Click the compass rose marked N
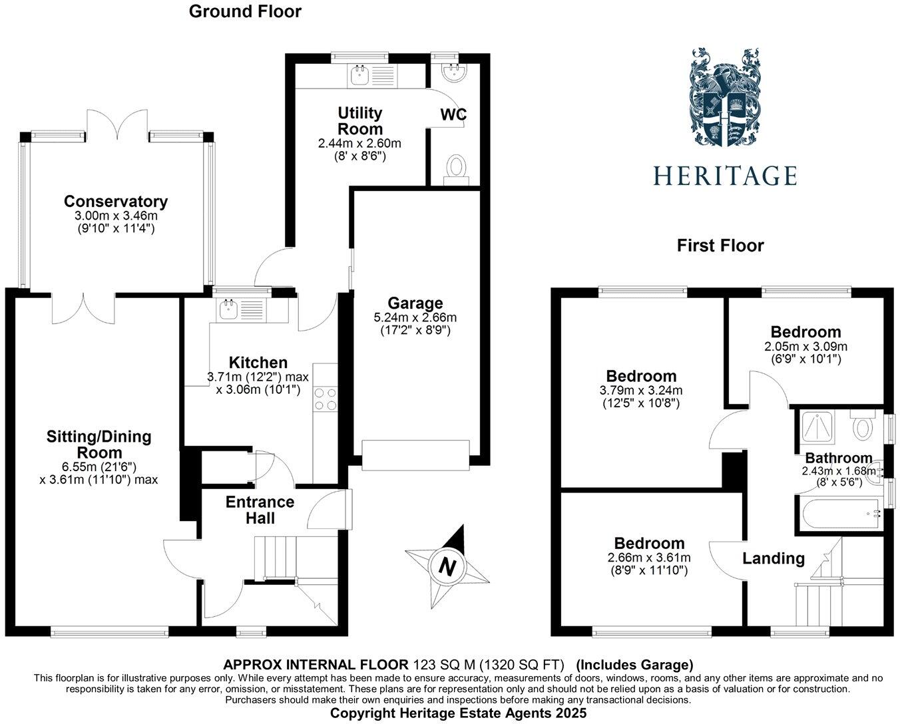point(447,566)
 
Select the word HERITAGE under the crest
point(724,176)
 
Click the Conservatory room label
point(116,201)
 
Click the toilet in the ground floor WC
point(457,166)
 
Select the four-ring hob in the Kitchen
point(326,399)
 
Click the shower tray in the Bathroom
point(817,427)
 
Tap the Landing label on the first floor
point(774,558)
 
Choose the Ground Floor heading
point(245,11)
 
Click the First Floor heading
point(720,246)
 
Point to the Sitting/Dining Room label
point(99,444)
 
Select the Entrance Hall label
point(260,510)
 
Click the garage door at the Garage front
point(416,456)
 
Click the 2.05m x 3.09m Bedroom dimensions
point(805,347)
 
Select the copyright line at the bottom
point(459,713)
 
